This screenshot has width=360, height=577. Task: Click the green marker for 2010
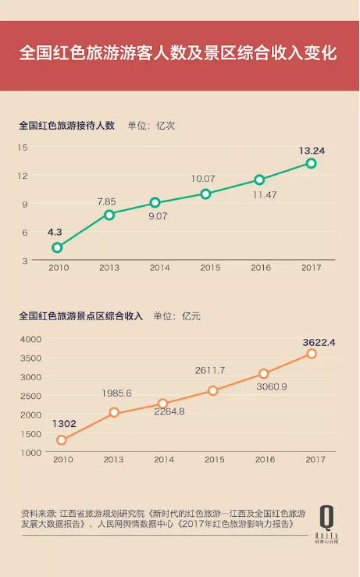[57, 248]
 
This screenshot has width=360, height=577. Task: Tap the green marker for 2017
[311, 163]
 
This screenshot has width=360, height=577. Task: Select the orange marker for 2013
[114, 412]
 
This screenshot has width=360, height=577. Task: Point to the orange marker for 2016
[264, 374]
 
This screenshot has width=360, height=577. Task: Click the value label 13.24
[312, 150]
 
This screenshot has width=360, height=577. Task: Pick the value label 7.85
[106, 201]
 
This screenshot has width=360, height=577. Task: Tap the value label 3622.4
[313, 342]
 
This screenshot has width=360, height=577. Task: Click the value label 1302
[64, 425]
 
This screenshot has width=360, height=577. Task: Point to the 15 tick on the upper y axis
[23, 147]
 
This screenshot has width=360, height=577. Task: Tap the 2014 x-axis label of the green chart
[160, 268]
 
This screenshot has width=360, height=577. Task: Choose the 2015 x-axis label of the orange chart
[210, 460]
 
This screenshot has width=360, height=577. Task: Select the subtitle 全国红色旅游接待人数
[66, 125]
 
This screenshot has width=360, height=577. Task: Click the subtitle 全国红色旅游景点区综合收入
[80, 316]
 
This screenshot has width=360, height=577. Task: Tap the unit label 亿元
[191, 316]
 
